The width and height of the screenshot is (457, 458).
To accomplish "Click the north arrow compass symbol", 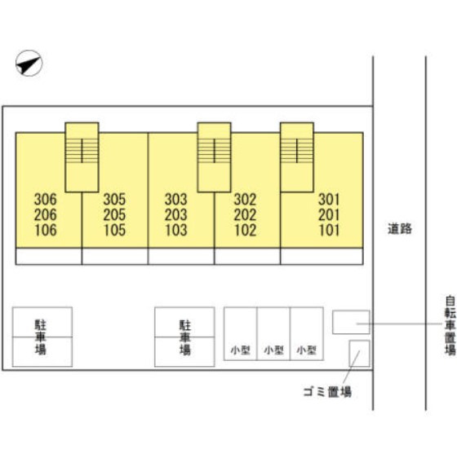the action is click(29, 63).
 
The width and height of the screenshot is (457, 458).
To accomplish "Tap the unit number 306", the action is click(46, 200).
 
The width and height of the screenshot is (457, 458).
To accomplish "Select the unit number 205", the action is click(114, 214).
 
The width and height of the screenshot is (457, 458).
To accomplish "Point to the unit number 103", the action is click(175, 230).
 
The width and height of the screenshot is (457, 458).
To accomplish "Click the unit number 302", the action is click(245, 200).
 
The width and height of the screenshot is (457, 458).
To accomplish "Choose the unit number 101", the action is click(329, 230).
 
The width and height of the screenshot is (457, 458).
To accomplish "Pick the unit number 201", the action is click(329, 214).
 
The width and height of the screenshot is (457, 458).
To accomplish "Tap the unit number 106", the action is click(46, 230).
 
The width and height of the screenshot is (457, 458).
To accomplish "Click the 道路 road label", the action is click(400, 229).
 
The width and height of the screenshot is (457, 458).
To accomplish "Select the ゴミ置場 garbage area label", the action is click(327, 392).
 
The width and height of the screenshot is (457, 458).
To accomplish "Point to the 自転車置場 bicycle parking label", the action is click(450, 325).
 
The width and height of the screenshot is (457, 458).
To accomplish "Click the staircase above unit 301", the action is click(297, 157).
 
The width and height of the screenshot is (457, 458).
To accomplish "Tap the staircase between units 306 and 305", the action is click(82, 157).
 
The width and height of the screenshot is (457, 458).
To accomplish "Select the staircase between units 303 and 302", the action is click(214, 157).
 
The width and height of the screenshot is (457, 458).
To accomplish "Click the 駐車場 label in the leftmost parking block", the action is click(41, 337).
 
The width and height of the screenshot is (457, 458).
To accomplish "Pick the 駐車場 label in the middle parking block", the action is click(185, 337).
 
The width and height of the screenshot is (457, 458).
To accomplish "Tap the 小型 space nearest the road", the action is click(307, 333).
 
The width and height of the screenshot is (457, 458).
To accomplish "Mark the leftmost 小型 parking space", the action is click(240, 333).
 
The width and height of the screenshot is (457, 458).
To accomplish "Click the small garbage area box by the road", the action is click(359, 353).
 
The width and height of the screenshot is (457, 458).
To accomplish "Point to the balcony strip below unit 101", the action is click(322, 256).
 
